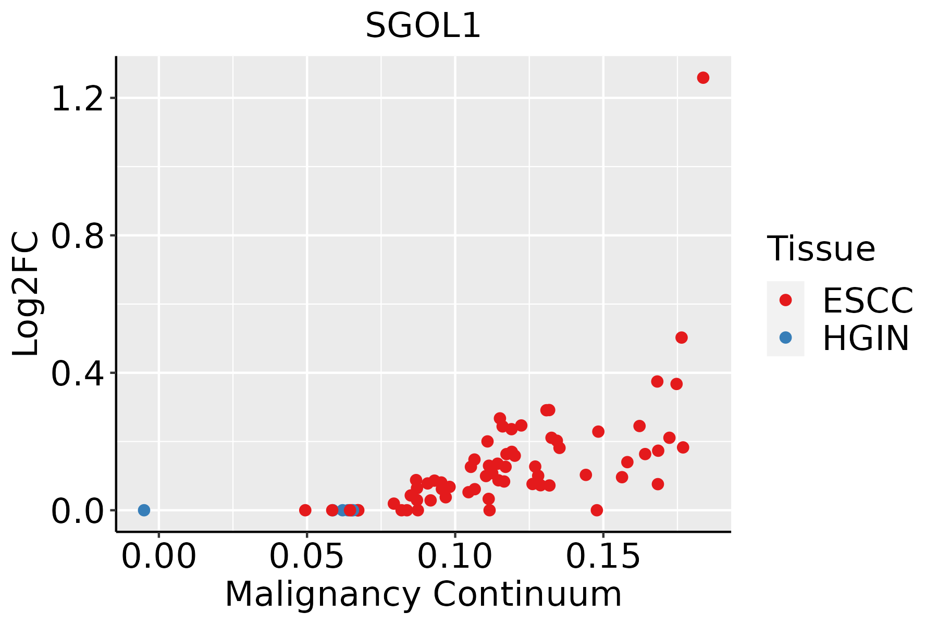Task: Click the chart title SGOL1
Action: pos(423,26)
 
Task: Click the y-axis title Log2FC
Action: pos(26,294)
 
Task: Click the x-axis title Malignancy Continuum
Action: pos(423,594)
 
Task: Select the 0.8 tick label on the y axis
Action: pos(77,235)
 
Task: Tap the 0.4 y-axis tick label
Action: pos(77,373)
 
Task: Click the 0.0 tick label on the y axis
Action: pos(77,511)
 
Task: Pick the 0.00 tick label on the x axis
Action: pos(159,556)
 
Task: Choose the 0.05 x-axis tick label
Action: pos(307,556)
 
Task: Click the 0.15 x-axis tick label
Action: pos(603,556)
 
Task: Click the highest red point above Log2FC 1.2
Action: pos(703,78)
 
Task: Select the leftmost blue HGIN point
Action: pos(144,510)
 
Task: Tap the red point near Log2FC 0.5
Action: pos(682,337)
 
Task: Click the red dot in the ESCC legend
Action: pos(785,300)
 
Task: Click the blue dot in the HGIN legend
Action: pos(785,337)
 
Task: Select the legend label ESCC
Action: pos(868,301)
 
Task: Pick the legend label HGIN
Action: pos(866,338)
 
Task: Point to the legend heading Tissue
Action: pos(821,248)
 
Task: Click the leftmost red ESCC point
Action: pos(305,510)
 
